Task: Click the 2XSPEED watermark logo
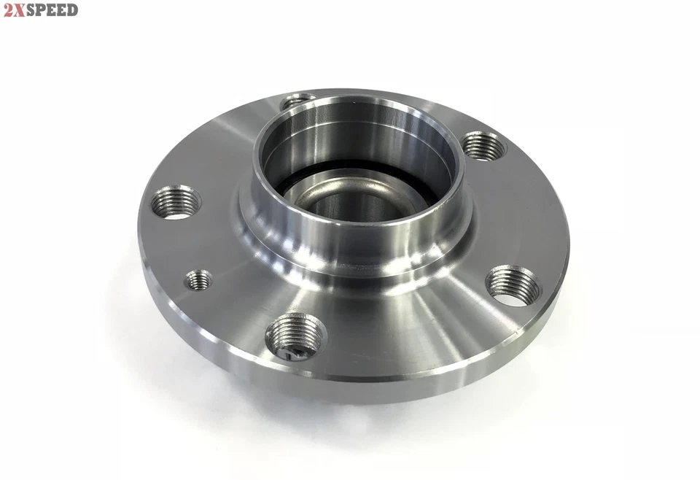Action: (x=40, y=9)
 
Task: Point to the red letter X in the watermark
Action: (x=19, y=9)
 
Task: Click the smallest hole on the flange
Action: (x=198, y=279)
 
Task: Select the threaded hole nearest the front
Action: (x=295, y=336)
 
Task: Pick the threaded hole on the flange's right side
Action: (x=513, y=285)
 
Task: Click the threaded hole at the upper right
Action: (x=483, y=146)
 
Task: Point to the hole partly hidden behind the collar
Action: (x=295, y=100)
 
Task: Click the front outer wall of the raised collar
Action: (x=350, y=241)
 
